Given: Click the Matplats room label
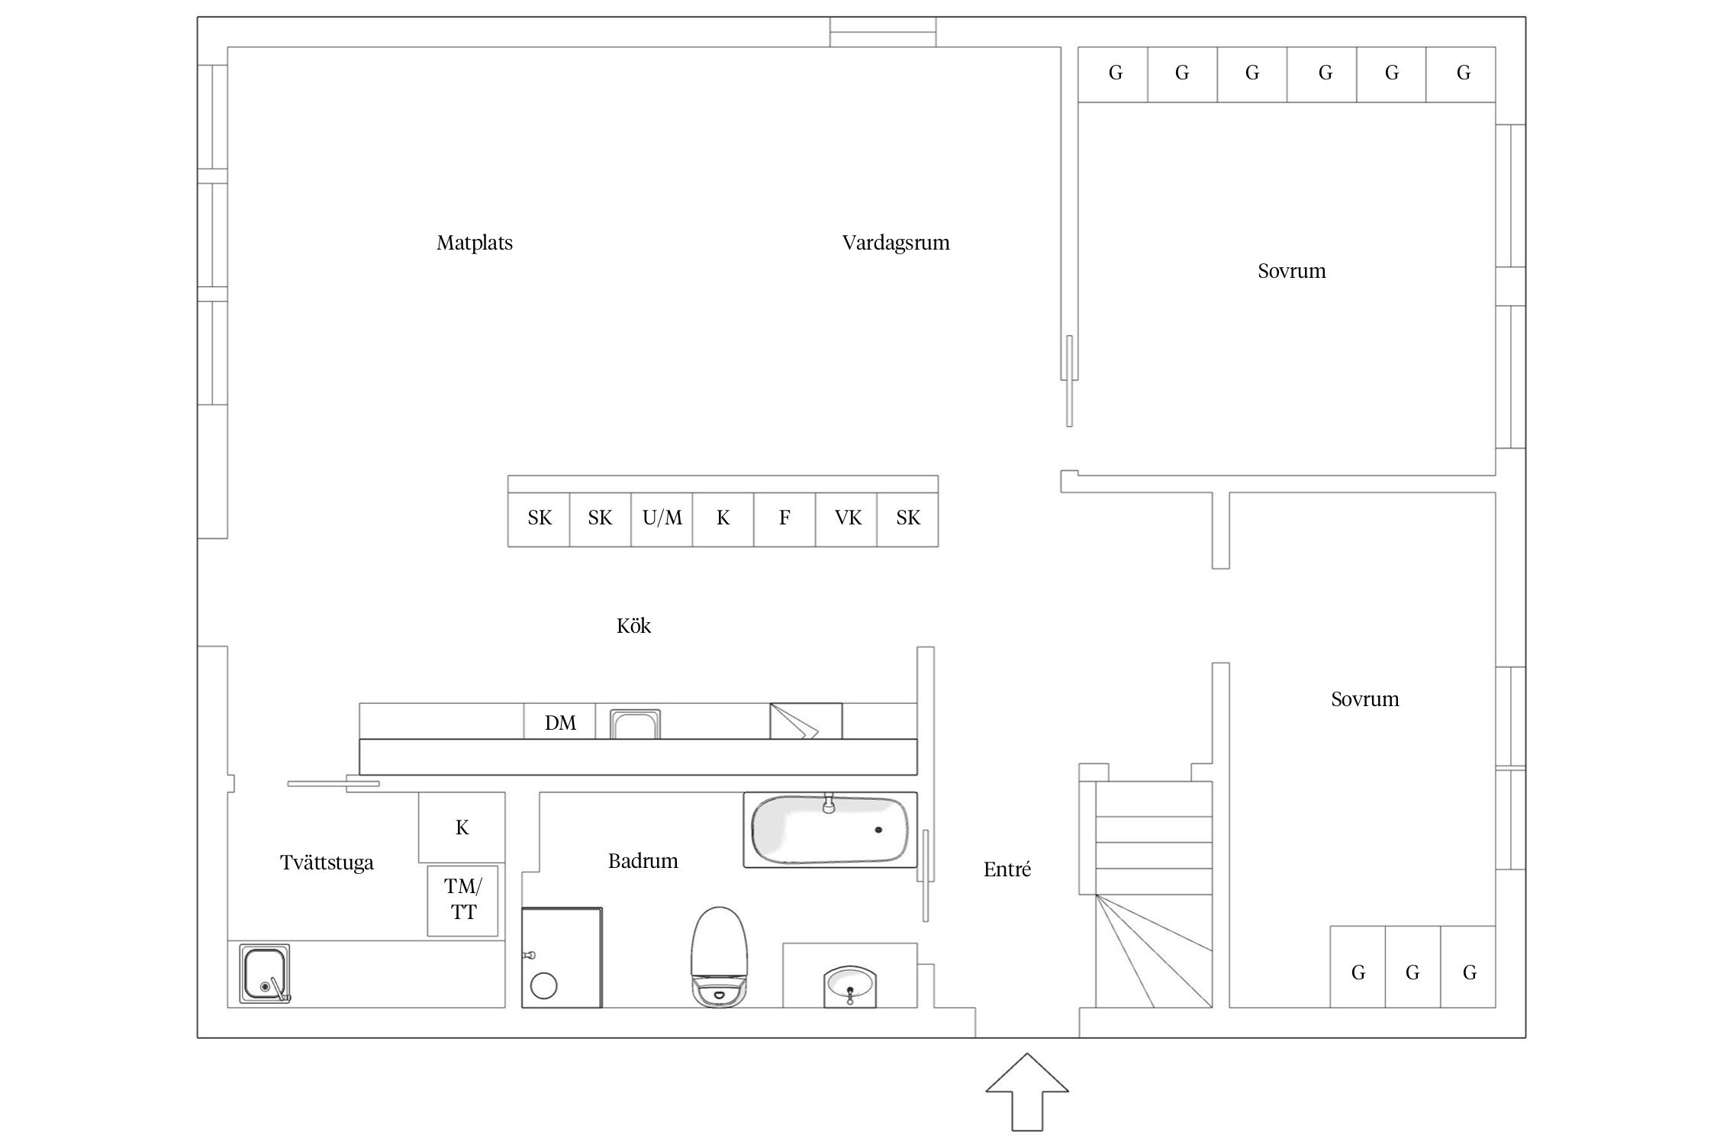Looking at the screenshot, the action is pyautogui.click(x=475, y=244).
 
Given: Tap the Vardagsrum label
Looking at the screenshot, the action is pyautogui.click(x=896, y=244).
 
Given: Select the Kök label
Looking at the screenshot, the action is pyautogui.click(x=633, y=626).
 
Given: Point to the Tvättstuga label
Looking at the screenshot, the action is pyautogui.click(x=327, y=863).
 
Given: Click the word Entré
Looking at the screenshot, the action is pyautogui.click(x=1007, y=869).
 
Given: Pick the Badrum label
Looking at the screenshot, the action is pyautogui.click(x=643, y=861).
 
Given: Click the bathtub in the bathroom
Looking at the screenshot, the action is pyautogui.click(x=830, y=830).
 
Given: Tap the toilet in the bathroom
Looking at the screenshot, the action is pyautogui.click(x=719, y=956).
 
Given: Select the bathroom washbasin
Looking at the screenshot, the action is pyautogui.click(x=850, y=986).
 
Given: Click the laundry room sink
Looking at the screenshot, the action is pyautogui.click(x=265, y=973).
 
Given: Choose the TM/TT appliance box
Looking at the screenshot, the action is pyautogui.click(x=462, y=901).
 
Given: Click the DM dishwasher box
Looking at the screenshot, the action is pyautogui.click(x=559, y=721).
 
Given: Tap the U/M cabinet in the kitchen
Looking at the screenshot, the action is pyautogui.click(x=662, y=519).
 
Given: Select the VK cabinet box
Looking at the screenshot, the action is pyautogui.click(x=846, y=519).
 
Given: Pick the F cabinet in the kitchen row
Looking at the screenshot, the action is pyautogui.click(x=784, y=519).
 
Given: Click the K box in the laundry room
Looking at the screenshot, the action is pyautogui.click(x=462, y=827).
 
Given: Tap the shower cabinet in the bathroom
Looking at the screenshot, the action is pyautogui.click(x=562, y=957).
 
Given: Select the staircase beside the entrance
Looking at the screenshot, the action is pyautogui.click(x=1154, y=894).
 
